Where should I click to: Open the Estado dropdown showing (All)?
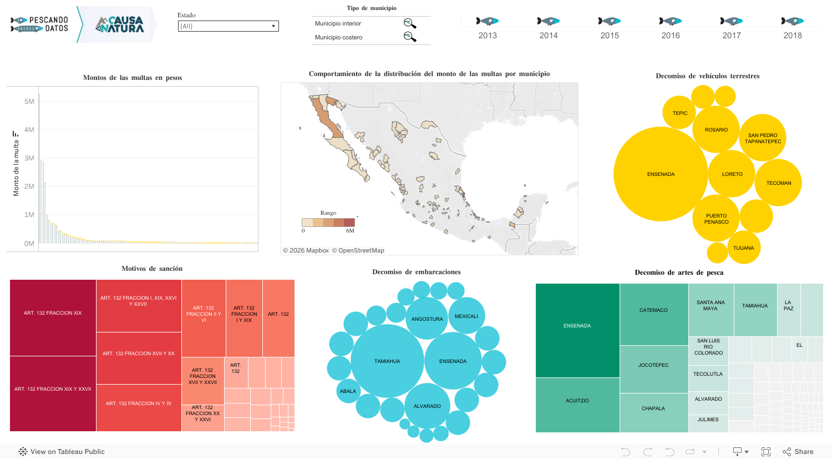228,26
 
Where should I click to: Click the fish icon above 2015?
609,21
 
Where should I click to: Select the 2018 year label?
792,36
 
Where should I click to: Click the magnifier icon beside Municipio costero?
409,37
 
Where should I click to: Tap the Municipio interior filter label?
338,23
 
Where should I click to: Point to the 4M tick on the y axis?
29,130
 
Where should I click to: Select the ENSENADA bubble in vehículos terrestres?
660,174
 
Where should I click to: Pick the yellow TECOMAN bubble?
778,183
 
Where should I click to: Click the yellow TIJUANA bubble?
743,248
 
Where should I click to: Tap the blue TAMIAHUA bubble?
387,361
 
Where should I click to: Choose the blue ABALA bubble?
348,391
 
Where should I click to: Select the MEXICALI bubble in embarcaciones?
466,316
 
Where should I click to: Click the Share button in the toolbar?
798,452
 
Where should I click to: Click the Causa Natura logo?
119,24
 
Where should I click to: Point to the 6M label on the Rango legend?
350,231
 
